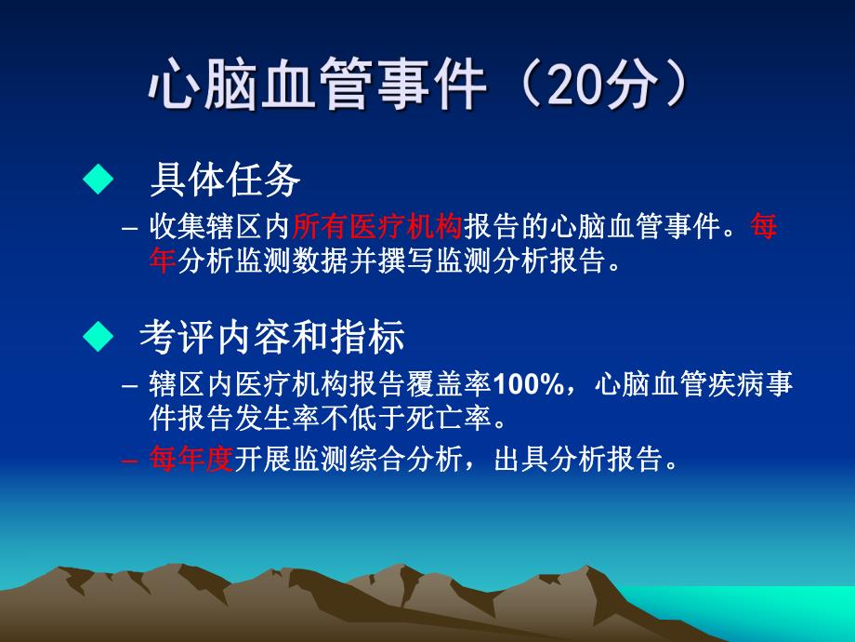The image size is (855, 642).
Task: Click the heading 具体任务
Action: tap(224, 180)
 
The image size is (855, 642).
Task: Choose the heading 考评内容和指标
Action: tap(271, 337)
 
